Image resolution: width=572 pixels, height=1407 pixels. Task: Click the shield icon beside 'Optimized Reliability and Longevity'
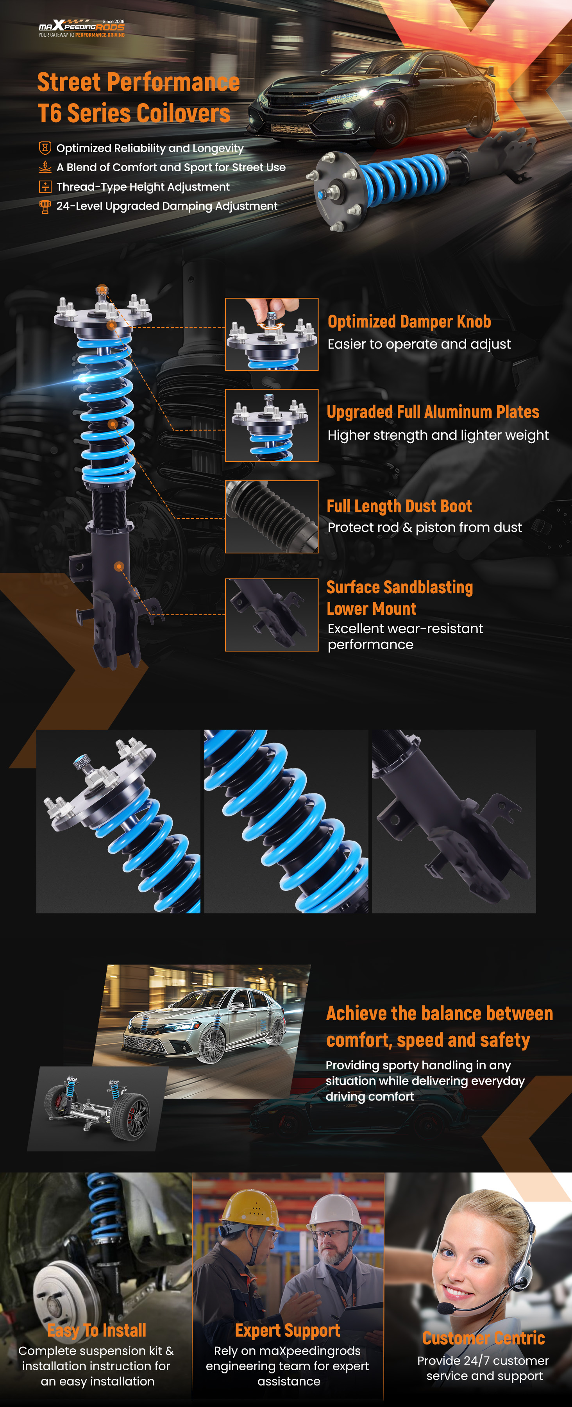coord(45,148)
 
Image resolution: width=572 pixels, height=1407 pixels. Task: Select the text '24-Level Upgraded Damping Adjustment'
coord(167,206)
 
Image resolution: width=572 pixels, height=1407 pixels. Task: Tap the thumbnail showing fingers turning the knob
coord(272,334)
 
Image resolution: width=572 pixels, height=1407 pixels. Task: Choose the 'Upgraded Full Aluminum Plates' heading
coord(433,412)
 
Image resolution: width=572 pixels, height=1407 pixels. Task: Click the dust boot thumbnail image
coord(272,517)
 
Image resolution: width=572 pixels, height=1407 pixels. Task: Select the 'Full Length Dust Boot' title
coord(399,506)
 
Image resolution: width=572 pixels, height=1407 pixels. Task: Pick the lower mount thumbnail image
coord(272,615)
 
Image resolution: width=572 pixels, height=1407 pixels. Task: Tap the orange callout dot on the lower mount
coord(119,566)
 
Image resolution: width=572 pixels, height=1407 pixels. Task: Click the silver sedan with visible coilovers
coord(205,1026)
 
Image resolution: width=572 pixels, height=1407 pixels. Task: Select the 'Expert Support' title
coord(288,1330)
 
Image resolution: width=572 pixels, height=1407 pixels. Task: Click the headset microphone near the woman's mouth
coord(446,1308)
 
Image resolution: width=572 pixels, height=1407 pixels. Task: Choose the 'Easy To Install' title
coord(97,1330)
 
